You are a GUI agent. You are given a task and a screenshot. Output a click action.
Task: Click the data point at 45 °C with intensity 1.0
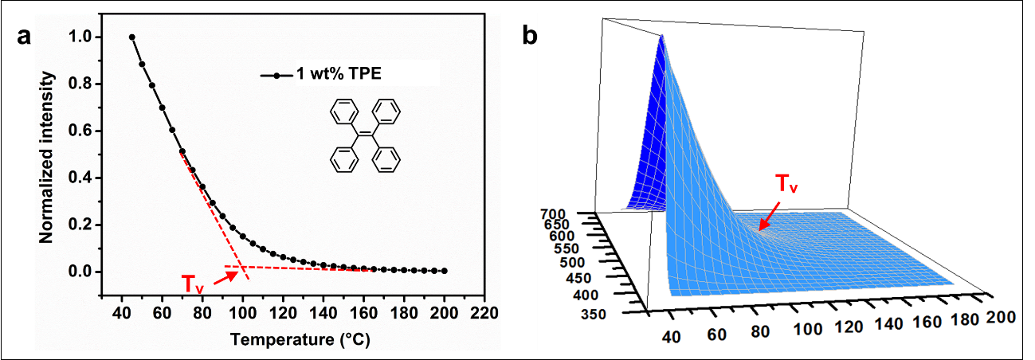[x=132, y=37]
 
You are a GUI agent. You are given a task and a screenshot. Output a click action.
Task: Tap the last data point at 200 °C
[x=444, y=271]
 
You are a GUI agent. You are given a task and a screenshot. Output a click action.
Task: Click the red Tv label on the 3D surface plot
[x=786, y=186]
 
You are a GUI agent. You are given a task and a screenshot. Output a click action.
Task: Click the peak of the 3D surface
[x=661, y=37]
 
